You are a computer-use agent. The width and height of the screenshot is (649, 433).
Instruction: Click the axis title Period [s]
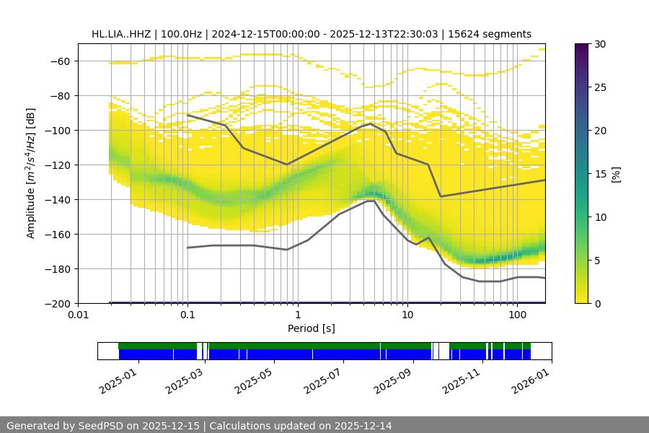(x=311, y=328)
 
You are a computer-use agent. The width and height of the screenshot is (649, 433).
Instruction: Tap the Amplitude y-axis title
(x=31, y=173)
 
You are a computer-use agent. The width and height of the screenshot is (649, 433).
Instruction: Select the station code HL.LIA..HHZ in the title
(x=123, y=34)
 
